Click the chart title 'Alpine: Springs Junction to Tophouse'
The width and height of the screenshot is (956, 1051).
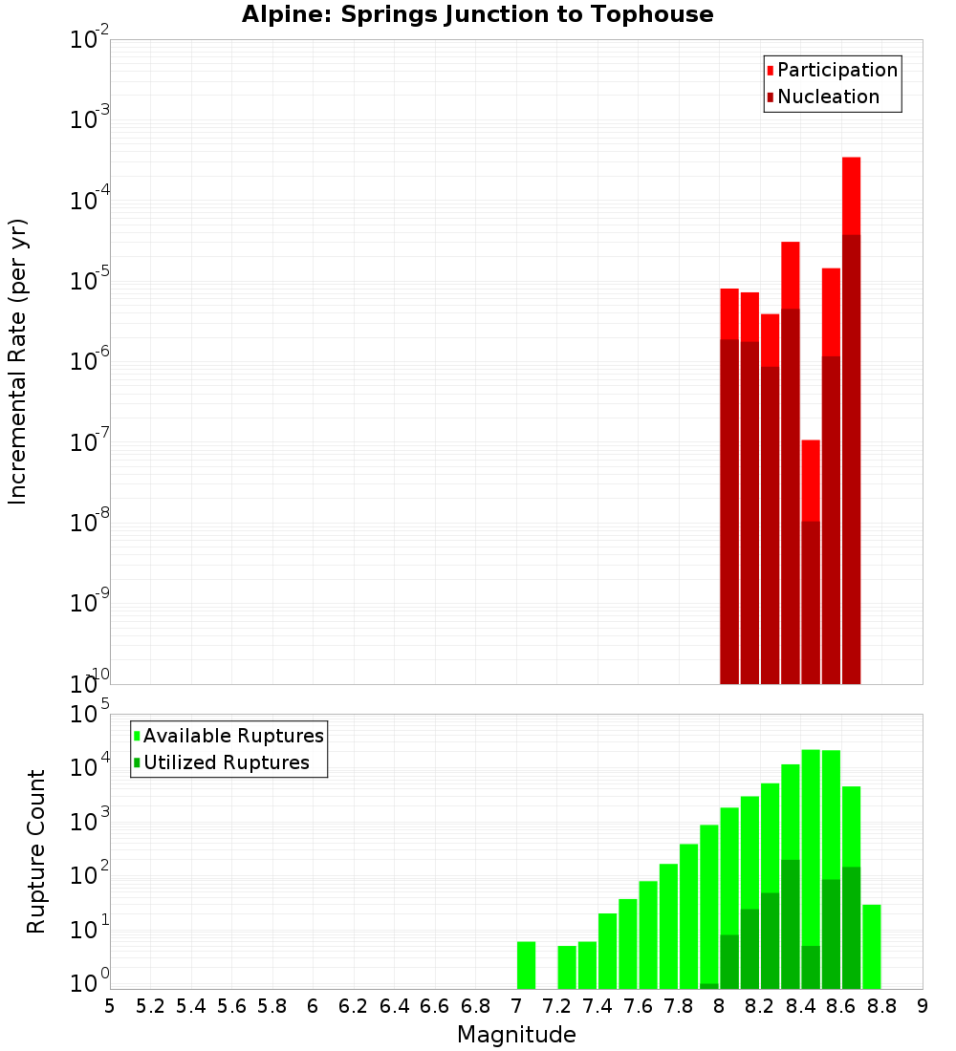point(477,14)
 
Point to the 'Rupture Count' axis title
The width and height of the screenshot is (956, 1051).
point(36,851)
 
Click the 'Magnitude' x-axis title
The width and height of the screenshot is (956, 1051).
point(516,1034)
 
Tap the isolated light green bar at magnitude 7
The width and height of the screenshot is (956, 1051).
point(526,965)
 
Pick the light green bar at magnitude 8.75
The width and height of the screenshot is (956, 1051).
point(871,946)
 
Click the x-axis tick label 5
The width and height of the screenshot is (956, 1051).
point(110,1005)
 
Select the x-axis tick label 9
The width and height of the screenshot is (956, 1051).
point(923,1005)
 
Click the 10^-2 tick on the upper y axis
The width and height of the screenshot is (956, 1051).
point(90,40)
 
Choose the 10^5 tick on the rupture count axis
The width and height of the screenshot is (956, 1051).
point(90,715)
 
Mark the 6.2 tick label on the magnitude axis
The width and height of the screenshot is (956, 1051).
point(354,1005)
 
